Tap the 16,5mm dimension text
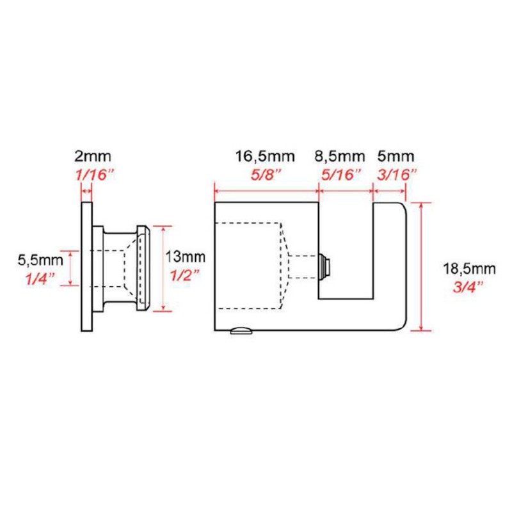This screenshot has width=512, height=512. click(x=261, y=156)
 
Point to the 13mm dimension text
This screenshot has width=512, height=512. click(x=186, y=257)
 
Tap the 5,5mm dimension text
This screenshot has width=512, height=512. click(x=40, y=260)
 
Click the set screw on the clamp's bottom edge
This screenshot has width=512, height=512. click(x=241, y=330)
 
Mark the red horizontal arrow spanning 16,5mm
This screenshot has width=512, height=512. click(x=266, y=190)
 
